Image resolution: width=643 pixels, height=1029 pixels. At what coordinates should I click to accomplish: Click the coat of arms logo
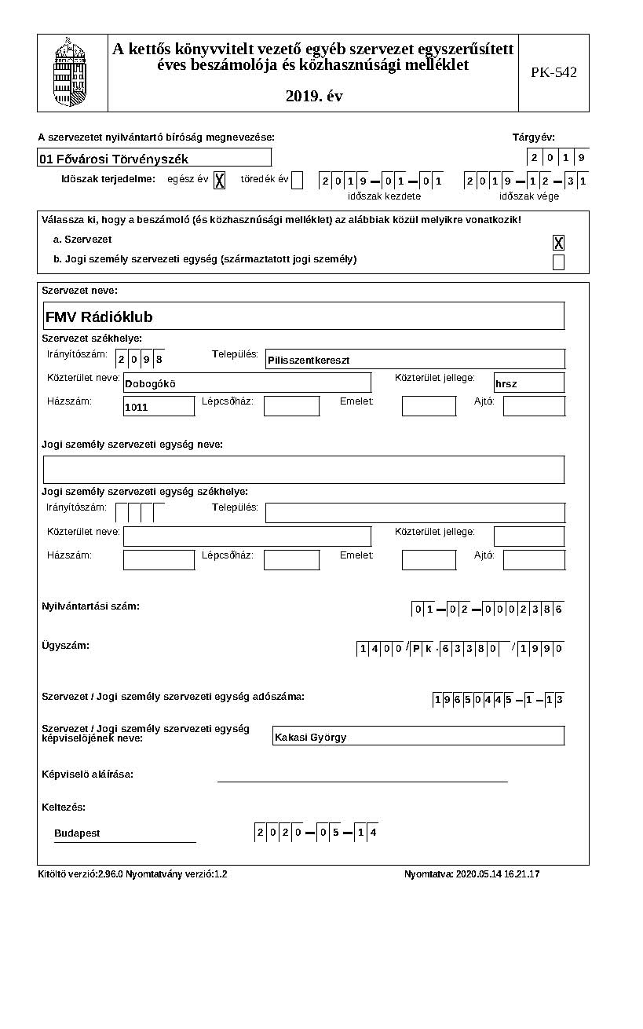pos(70,72)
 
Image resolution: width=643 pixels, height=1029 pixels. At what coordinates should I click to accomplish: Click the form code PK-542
pos(553,72)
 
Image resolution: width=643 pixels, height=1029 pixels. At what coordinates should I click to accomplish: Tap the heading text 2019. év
pos(314,97)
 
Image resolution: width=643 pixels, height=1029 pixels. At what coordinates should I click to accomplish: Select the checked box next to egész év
pos(220,180)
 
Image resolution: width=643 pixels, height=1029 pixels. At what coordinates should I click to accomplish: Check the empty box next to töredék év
pos(297,180)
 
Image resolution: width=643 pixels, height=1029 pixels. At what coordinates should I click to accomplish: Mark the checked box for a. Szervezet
pos(558,243)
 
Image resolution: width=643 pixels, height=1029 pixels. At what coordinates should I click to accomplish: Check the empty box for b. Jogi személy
pos(558,262)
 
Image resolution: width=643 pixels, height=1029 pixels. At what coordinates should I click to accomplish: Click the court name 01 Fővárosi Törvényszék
pos(114,159)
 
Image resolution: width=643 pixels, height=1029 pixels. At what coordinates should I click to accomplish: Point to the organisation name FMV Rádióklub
pos(99,317)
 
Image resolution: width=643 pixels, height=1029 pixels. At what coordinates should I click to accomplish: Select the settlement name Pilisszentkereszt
pos(308,361)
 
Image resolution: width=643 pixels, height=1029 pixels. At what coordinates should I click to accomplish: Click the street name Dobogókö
pos(150,384)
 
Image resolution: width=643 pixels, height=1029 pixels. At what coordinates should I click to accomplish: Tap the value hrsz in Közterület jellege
pos(506,384)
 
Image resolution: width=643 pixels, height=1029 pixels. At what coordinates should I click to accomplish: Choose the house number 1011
pos(137,408)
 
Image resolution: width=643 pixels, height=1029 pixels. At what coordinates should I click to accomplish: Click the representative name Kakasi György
pos(310,738)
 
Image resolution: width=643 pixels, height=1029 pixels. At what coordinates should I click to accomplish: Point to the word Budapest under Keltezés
pos(77,833)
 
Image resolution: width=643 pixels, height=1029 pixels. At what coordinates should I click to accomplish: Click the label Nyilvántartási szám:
pos(90,606)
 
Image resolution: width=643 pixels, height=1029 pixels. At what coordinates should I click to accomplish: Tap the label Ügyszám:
pos(65,646)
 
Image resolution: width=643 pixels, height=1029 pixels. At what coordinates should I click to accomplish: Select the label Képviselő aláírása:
pos(87,774)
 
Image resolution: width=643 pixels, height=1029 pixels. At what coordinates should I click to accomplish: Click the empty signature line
pos(362,781)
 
